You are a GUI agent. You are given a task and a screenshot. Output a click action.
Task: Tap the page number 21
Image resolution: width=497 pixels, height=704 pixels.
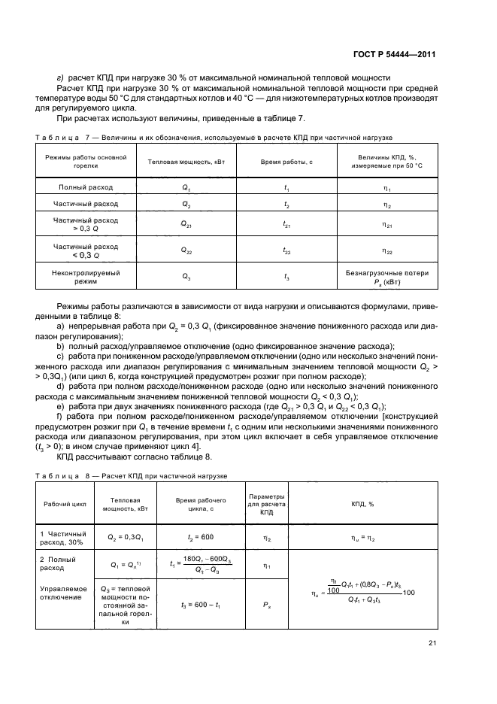(431, 642)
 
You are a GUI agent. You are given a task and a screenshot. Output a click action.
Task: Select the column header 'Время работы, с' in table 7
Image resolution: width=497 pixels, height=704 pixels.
(286, 162)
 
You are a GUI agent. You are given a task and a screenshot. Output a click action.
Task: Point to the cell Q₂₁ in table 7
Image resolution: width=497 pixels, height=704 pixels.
(186, 224)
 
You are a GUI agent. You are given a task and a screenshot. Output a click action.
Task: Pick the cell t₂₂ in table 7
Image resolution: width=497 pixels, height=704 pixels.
(286, 250)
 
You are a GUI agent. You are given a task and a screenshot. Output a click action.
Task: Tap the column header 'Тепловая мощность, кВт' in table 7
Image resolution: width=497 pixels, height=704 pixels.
(186, 162)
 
